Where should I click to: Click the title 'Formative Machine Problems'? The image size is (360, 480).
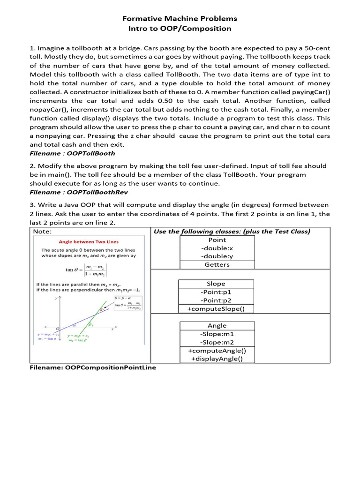click(180, 19)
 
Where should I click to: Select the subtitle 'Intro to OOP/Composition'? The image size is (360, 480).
click(180, 29)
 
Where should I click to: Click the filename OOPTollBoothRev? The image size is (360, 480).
click(97, 192)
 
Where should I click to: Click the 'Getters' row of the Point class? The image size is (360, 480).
click(217, 265)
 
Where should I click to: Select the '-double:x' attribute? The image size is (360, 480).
click(217, 248)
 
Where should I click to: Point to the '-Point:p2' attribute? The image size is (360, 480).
click(216, 300)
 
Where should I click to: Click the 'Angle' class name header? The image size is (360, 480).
click(217, 326)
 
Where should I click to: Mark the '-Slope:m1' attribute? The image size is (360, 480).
click(217, 334)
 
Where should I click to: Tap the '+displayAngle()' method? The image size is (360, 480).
click(217, 359)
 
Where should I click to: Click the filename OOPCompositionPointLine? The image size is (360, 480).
click(93, 368)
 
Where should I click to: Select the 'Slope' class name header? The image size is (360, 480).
click(216, 284)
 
